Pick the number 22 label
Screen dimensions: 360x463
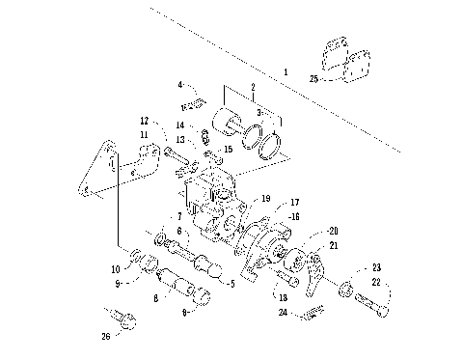pyautogui.click(x=377, y=281)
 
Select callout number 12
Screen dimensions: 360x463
pyautogui.click(x=144, y=122)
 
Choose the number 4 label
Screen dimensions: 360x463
pyautogui.click(x=179, y=86)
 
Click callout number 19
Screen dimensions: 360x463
pyautogui.click(x=265, y=198)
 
